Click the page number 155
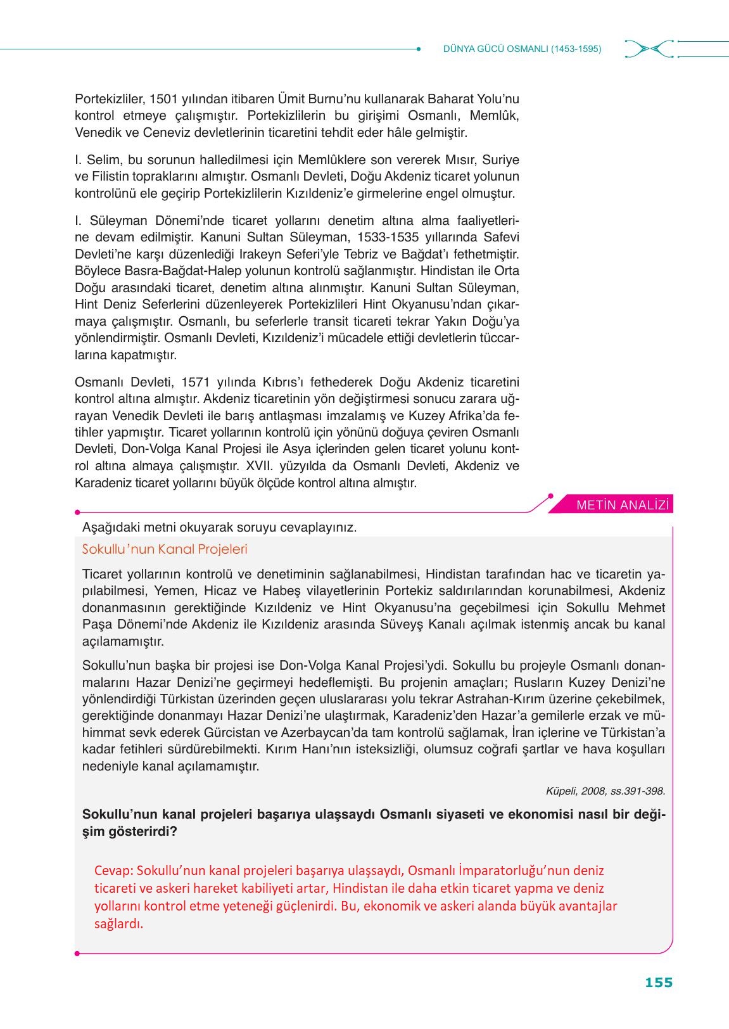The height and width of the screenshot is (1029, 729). [658, 982]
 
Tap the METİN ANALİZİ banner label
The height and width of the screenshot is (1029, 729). [623, 505]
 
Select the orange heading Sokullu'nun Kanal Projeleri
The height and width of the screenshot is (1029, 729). [165, 549]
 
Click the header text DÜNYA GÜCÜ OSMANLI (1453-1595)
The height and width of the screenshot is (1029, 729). [522, 49]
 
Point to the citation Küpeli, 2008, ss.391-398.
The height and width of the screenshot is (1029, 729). [605, 791]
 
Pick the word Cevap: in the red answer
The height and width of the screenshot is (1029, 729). [113, 871]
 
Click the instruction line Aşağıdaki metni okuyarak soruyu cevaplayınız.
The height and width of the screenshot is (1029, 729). [219, 527]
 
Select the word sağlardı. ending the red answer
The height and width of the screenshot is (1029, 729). [119, 924]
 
